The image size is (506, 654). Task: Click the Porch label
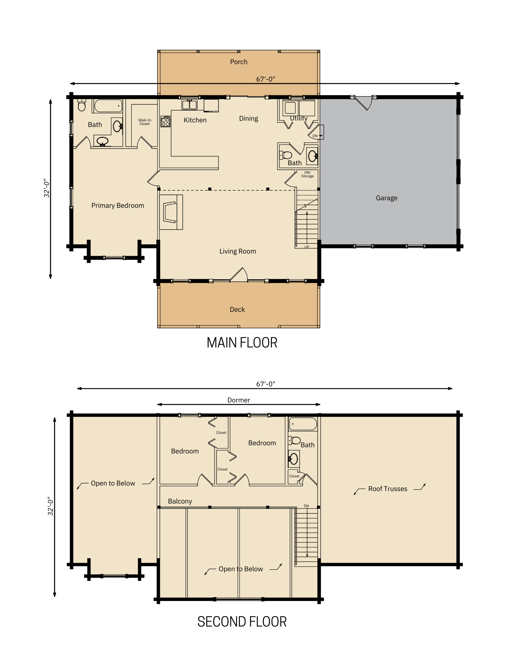pyautogui.click(x=238, y=62)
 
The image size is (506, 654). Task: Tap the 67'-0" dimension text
pyautogui.click(x=265, y=79)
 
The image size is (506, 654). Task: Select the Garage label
pyautogui.click(x=386, y=198)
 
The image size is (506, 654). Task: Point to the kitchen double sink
pyautogui.click(x=189, y=105)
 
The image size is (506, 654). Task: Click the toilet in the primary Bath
pyautogui.click(x=82, y=105)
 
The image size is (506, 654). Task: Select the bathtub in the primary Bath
pyautogui.click(x=108, y=106)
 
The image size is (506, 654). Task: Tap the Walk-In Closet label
pyautogui.click(x=144, y=122)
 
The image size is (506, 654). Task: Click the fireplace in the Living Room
pyautogui.click(x=171, y=212)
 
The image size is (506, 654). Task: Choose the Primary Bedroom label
pyautogui.click(x=118, y=205)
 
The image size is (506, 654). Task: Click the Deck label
pyautogui.click(x=237, y=309)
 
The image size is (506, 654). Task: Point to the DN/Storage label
pyautogui.click(x=308, y=174)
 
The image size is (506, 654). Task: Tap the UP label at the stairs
pyautogui.click(x=307, y=247)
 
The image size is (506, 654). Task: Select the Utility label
pyautogui.click(x=299, y=118)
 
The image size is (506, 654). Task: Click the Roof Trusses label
pyautogui.click(x=387, y=489)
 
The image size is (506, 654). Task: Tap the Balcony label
pyautogui.click(x=180, y=501)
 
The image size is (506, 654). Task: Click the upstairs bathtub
pyautogui.click(x=303, y=424)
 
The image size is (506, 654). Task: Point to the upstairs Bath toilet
pyautogui.click(x=294, y=440)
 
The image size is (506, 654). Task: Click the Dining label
pyautogui.click(x=248, y=118)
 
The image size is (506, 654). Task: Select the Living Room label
pyautogui.click(x=237, y=251)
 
